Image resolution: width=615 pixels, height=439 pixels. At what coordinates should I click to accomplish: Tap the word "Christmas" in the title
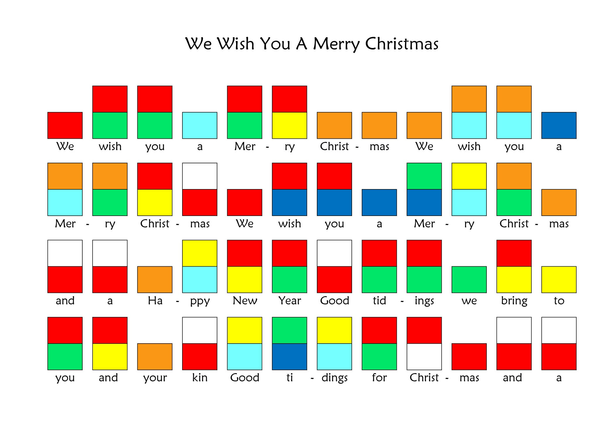point(402,44)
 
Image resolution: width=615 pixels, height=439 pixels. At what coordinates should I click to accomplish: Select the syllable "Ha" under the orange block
point(155,301)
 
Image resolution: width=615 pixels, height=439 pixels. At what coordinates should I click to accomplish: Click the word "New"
point(245,301)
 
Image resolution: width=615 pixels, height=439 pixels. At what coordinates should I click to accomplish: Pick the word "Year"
point(290,301)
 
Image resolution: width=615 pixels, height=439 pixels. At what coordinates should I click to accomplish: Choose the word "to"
point(559,301)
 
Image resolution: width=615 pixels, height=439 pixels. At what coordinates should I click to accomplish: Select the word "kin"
point(200,378)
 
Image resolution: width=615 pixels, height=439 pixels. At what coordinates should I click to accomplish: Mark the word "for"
point(379,378)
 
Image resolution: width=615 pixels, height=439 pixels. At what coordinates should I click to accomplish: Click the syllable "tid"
point(379,301)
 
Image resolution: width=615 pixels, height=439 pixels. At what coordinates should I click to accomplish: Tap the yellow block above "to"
point(559,279)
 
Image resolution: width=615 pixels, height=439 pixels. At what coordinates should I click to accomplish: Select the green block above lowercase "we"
point(469,279)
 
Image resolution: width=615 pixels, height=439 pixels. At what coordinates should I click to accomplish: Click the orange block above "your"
point(155,356)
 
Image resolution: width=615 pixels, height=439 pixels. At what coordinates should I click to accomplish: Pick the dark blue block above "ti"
point(290,356)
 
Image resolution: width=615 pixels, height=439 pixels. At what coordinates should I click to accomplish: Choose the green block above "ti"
point(290,330)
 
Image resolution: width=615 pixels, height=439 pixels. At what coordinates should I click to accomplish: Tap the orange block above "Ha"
point(155,279)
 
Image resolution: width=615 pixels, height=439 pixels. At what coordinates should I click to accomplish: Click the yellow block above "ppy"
point(200,253)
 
